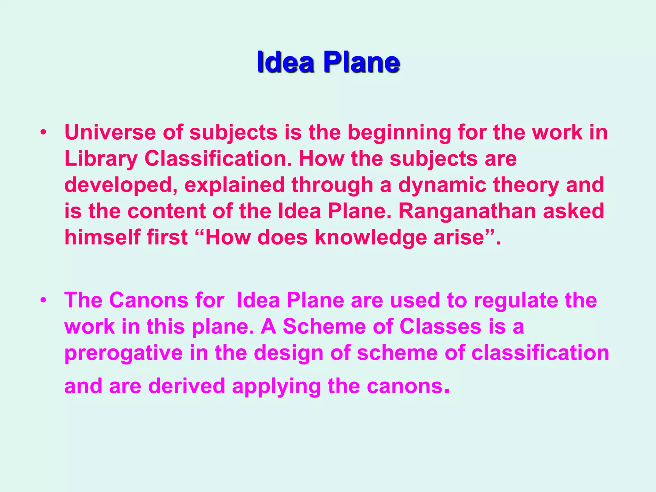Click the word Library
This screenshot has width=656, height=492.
tap(101, 159)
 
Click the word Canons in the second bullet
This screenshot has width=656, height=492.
tap(149, 300)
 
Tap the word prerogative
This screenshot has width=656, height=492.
tap(123, 353)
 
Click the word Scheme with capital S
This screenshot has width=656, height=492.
tap(324, 327)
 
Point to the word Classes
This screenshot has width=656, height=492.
tap(440, 327)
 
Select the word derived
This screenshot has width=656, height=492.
tap(187, 386)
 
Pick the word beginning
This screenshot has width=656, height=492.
tap(399, 132)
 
